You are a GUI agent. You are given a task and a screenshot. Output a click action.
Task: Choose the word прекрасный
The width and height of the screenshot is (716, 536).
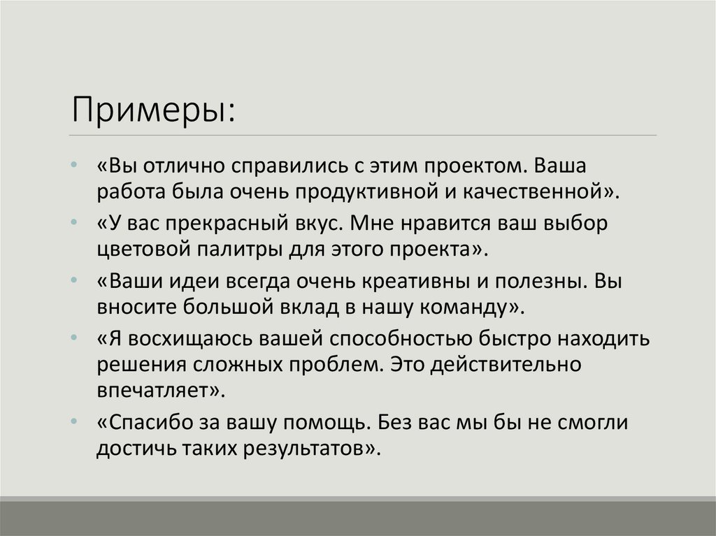point(223,224)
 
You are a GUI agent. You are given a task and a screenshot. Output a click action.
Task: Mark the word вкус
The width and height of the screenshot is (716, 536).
point(314,224)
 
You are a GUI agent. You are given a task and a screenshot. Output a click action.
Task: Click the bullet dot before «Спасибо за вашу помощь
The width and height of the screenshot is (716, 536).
point(75,422)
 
